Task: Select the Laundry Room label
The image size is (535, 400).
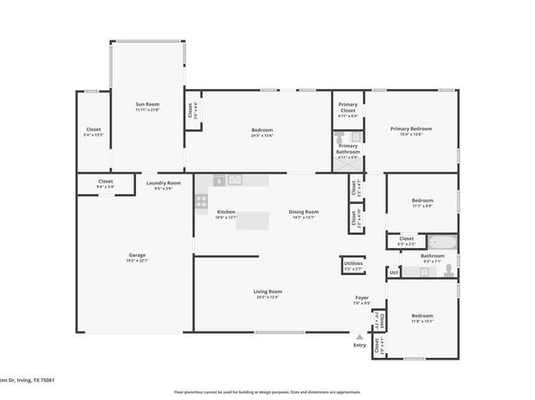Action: [x=163, y=185]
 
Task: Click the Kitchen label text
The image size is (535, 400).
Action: [x=213, y=214]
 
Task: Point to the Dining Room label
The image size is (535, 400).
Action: [x=304, y=214]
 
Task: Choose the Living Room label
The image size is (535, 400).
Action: [x=268, y=293]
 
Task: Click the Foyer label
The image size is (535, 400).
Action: [x=361, y=299]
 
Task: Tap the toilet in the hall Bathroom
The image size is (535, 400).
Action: [x=448, y=270]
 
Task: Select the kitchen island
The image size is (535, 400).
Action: [x=254, y=220]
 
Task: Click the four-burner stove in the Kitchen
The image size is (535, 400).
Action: [x=202, y=201]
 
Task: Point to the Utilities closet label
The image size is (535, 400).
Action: [x=353, y=264]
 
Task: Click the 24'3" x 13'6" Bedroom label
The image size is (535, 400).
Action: [x=262, y=132]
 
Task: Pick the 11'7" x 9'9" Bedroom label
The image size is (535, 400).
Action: [x=422, y=202]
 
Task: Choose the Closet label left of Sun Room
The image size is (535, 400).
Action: [x=93, y=131]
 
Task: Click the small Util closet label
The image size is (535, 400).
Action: [x=394, y=272]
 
